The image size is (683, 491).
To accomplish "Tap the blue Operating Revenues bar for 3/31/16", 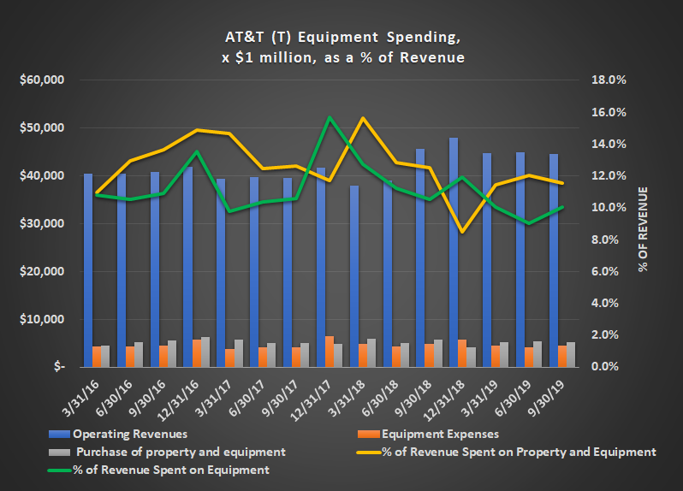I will point(88,270).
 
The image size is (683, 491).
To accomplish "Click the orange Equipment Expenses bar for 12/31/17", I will point(330,352).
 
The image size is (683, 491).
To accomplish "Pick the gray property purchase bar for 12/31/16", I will point(205,352).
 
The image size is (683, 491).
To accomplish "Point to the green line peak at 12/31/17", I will point(330,117).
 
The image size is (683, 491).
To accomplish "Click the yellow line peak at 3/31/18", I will point(364,118).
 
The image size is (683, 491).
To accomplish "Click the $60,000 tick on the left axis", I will point(42,80).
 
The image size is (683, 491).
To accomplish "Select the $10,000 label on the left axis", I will point(42,319).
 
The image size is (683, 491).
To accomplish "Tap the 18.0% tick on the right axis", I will point(610,80).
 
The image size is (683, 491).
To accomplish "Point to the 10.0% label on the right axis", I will point(610,208).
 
